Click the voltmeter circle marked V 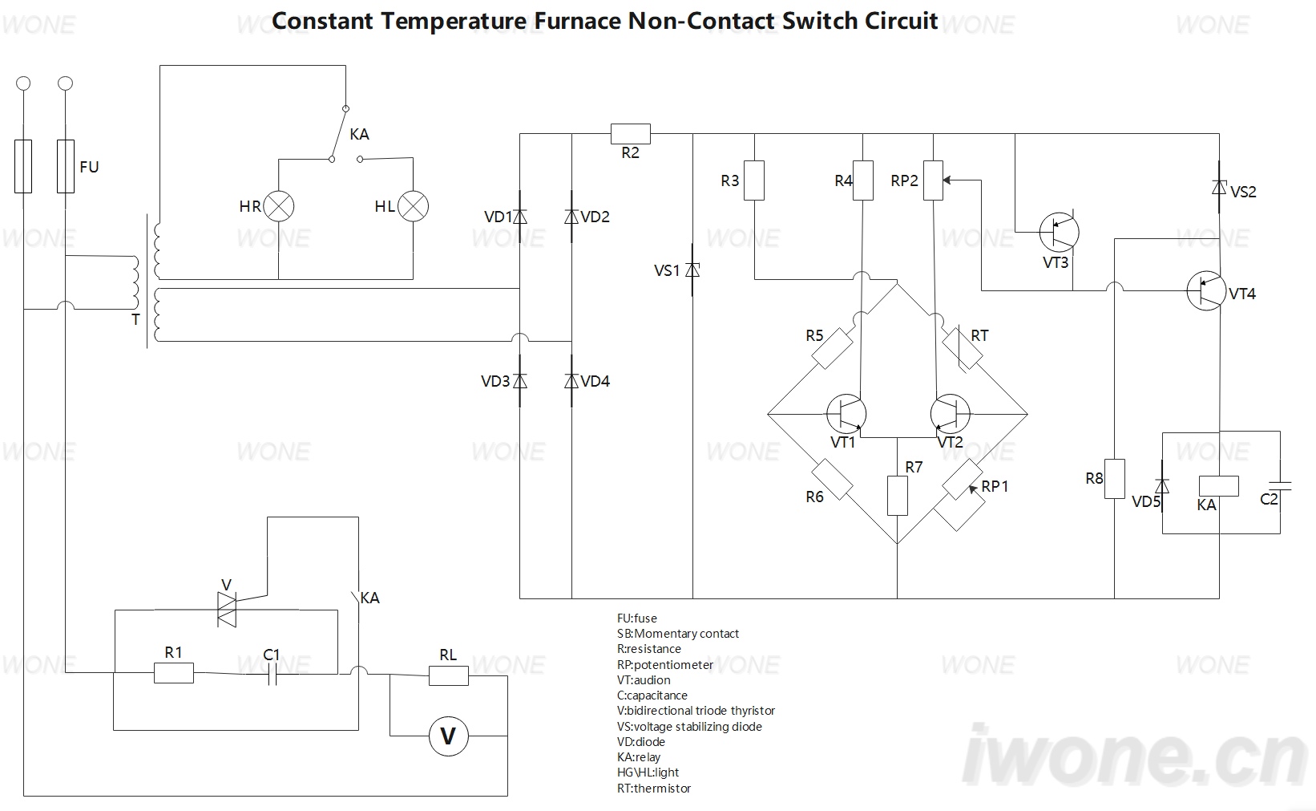coord(448,736)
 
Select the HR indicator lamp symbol coord(278,206)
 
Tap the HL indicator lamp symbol coord(413,206)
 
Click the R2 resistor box coord(631,134)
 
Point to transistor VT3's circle coord(1059,232)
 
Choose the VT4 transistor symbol coord(1206,290)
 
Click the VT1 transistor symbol coord(846,413)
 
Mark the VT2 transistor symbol coord(950,413)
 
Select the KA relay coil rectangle coord(1218,486)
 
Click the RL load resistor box coord(449,675)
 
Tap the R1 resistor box coord(174,673)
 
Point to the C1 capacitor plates coord(272,675)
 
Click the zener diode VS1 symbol coord(692,270)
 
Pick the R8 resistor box coord(1115,479)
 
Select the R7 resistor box coord(897,496)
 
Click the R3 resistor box coord(754,180)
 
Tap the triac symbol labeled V coord(227,610)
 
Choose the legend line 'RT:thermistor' coord(654,788)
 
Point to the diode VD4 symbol coord(571,381)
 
